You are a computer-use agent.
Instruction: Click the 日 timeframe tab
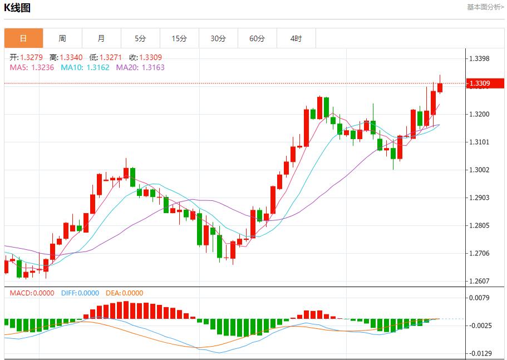[23, 38]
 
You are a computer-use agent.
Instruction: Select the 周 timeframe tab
[62, 38]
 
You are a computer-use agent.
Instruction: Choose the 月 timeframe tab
[101, 38]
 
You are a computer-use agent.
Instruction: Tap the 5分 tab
[140, 38]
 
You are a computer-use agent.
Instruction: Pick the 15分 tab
[179, 38]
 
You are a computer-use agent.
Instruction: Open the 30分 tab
[218, 38]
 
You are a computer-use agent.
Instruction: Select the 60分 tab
[257, 38]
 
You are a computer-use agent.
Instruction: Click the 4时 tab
[296, 38]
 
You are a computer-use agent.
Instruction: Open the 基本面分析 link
[485, 7]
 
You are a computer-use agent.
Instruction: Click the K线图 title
[17, 8]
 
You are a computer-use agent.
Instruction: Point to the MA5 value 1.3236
[33, 67]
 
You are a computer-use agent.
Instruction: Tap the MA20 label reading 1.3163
[140, 67]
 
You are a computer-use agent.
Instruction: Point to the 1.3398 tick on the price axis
[479, 59]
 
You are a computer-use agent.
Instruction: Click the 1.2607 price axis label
[479, 282]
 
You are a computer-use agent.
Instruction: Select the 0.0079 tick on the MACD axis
[479, 298]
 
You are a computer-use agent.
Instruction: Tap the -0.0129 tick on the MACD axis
[479, 353]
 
